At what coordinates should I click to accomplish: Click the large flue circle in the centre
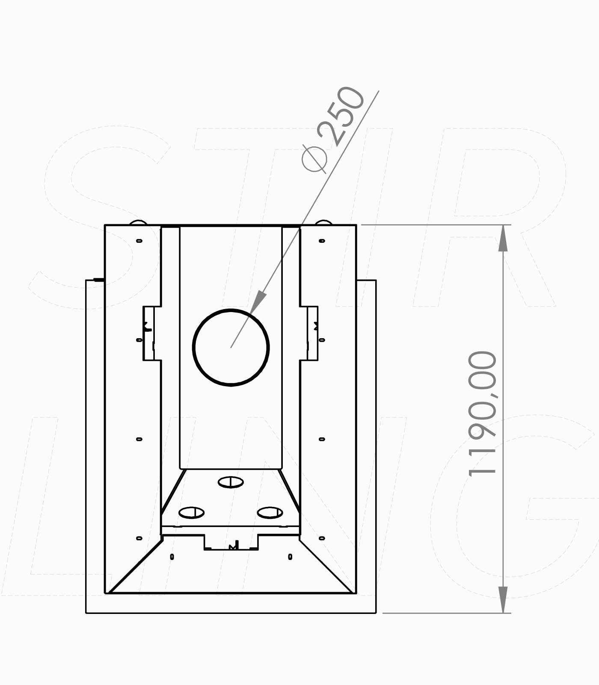[193, 347]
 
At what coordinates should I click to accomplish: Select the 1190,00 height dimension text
[483, 413]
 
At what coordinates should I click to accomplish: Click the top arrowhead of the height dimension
[503, 238]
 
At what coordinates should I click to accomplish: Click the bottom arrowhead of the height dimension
[503, 599]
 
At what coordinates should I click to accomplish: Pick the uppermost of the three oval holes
[231, 482]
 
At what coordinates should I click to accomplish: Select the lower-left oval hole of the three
[191, 512]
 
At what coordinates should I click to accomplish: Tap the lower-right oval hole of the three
[270, 512]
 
